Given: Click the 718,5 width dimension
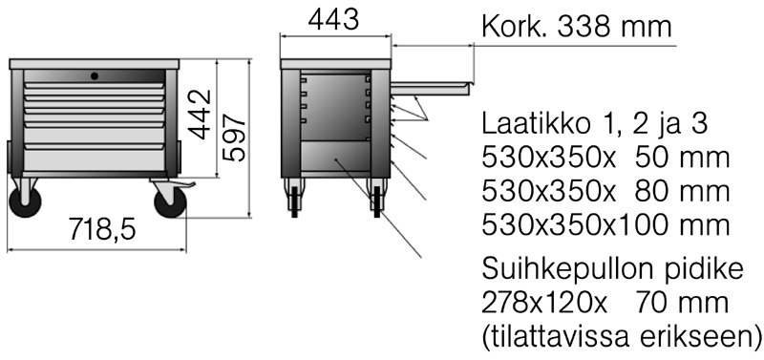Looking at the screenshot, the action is pos(102,229).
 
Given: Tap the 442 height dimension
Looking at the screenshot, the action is pos(201,115).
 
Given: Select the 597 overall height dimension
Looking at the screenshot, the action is pos(234,138).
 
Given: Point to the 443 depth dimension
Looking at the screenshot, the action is pos(333,20).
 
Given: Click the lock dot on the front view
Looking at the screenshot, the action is pos(95,76).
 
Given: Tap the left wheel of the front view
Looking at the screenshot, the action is pos(26,201).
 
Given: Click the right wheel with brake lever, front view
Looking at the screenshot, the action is pos(171,201).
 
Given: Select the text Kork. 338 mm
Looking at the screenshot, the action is pos(577,27).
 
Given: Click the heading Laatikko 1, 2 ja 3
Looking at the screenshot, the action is pos(594,124).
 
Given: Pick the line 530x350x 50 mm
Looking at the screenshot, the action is pos(605,158).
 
